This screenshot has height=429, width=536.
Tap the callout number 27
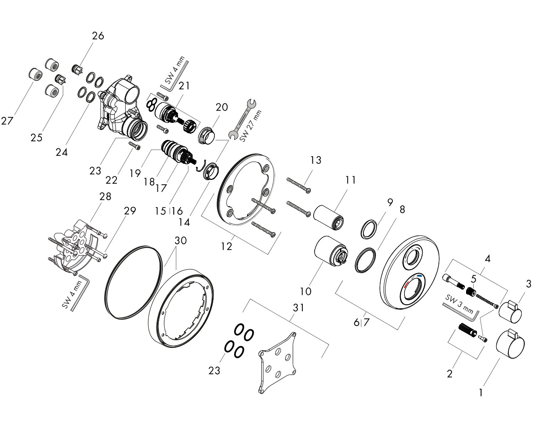(x=7, y=121)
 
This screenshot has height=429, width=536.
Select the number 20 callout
(x=222, y=107)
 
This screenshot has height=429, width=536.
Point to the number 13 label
(x=316, y=160)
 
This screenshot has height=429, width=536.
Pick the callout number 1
(x=481, y=393)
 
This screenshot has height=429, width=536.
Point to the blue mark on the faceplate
(x=420, y=277)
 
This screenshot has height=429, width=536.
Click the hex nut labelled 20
(x=206, y=135)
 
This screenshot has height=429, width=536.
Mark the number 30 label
(x=180, y=241)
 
